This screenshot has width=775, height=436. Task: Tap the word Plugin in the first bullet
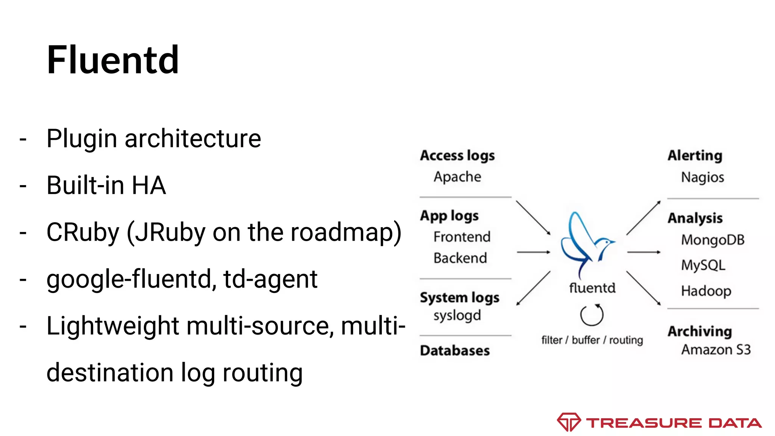click(x=81, y=139)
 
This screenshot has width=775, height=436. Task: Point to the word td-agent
click(x=270, y=279)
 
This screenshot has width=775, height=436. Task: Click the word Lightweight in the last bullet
click(x=112, y=326)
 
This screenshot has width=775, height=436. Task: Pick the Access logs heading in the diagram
click(x=457, y=156)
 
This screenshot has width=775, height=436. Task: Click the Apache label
click(x=457, y=177)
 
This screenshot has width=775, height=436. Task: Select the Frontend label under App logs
click(x=462, y=237)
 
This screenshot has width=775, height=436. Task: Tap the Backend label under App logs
click(x=460, y=258)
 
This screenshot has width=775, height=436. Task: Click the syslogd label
click(x=457, y=316)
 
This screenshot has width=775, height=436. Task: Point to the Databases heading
click(x=455, y=350)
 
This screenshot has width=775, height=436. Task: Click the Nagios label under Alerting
click(x=702, y=177)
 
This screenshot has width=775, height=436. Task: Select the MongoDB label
click(x=713, y=240)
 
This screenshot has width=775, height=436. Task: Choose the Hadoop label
click(x=706, y=291)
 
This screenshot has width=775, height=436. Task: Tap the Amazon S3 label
click(x=716, y=350)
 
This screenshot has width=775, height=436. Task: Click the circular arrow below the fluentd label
click(x=592, y=315)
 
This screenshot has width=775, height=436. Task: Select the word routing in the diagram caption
click(x=626, y=340)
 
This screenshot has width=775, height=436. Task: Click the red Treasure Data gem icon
click(x=568, y=422)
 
